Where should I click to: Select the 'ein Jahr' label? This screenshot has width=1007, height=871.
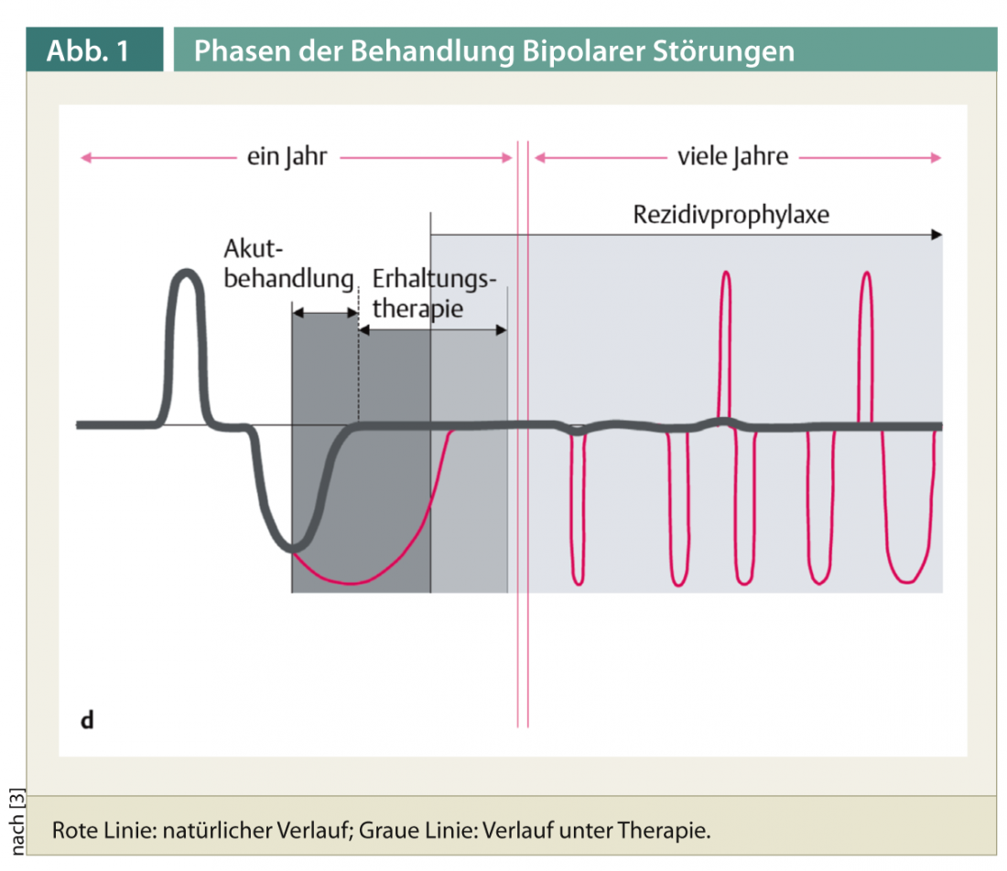point(287,157)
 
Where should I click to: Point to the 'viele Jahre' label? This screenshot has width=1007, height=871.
point(732,157)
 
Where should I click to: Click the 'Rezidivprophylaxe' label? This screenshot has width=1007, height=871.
point(731,216)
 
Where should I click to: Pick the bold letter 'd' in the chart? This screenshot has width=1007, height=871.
point(87,719)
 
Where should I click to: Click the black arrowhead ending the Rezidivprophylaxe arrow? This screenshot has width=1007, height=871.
point(936,235)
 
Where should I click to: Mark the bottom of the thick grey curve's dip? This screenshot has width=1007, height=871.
point(293,549)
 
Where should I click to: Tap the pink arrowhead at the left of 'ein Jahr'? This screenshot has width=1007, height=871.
point(86,157)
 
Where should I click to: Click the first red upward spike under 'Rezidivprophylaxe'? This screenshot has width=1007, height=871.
point(726,274)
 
